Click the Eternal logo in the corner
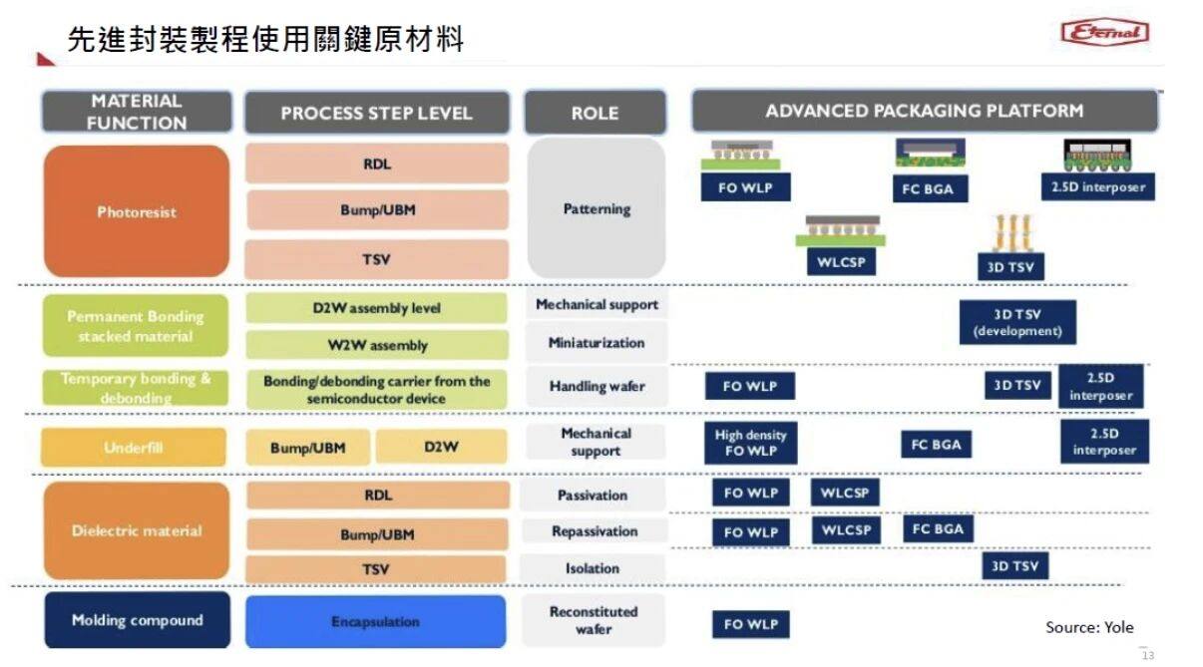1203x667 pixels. tap(1104, 33)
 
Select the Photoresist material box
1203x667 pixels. tap(137, 211)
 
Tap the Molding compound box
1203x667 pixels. tap(137, 620)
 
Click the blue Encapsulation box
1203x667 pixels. tap(375, 621)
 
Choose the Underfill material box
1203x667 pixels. tap(134, 448)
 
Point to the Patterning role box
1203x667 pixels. tap(597, 208)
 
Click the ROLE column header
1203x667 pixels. tap(595, 113)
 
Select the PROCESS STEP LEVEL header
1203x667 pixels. tap(376, 113)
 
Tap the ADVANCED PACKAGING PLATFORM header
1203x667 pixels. tap(924, 111)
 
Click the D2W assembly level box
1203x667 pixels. tap(376, 308)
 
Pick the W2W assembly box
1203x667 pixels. tap(376, 345)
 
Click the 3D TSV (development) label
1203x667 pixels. tap(1017, 323)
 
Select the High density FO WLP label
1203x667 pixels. tap(750, 443)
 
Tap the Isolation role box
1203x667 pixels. tap(593, 568)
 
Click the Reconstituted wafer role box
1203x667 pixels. tap(593, 620)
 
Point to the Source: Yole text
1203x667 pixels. tap(1089, 627)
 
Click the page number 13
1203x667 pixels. tap(1147, 655)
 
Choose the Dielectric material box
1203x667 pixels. tap(137, 530)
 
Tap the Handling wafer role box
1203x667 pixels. tap(597, 386)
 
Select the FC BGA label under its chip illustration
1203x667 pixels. tap(929, 188)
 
